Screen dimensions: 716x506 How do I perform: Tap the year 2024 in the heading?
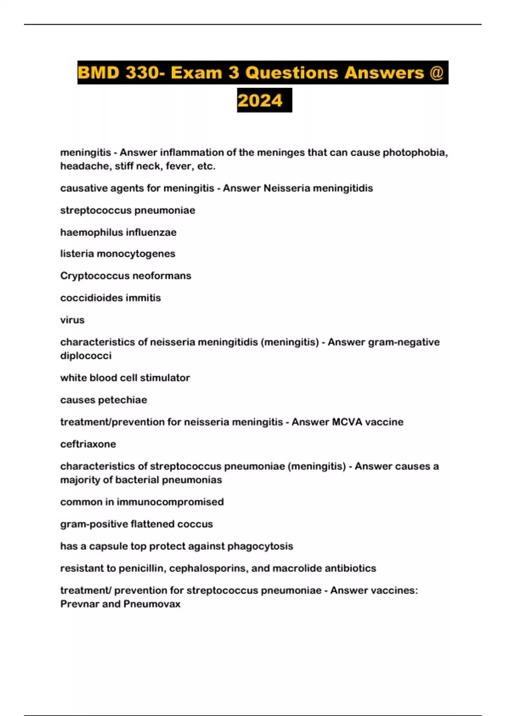(x=260, y=101)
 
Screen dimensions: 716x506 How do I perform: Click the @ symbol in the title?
(x=436, y=73)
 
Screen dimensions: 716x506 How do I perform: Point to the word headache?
(x=84, y=166)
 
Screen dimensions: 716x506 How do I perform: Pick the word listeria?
(x=77, y=254)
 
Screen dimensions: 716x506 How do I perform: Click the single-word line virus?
(x=72, y=320)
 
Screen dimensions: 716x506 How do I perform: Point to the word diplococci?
(x=86, y=356)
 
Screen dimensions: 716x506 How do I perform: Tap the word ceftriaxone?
(x=88, y=444)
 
